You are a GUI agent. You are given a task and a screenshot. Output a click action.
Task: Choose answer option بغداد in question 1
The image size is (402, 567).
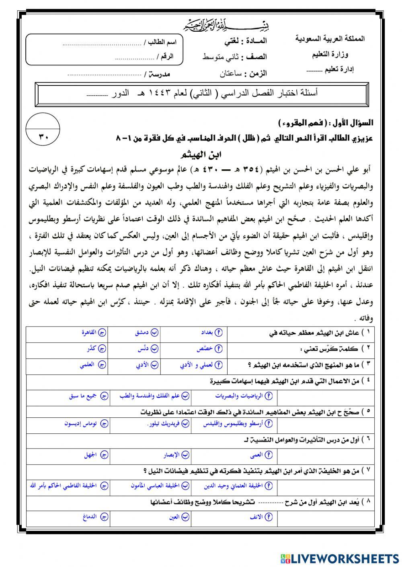[x=208, y=333]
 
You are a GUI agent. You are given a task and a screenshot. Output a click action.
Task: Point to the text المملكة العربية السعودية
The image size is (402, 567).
[x=330, y=39]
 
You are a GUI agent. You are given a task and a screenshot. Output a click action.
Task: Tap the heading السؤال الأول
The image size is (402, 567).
[x=353, y=122]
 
